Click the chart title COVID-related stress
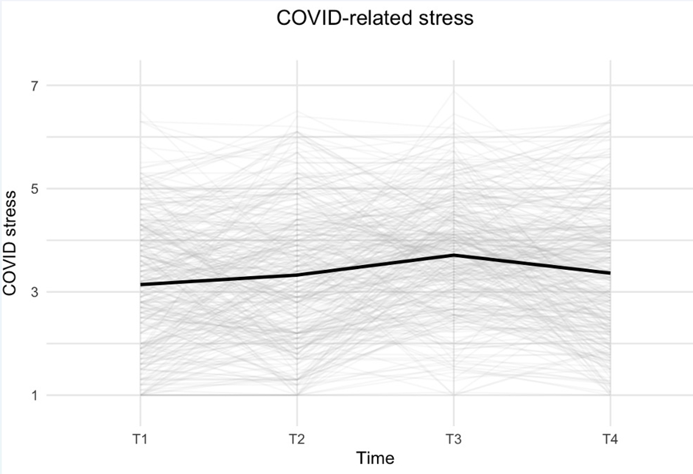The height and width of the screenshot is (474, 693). click(x=375, y=18)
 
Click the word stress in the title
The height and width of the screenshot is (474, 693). click(x=446, y=18)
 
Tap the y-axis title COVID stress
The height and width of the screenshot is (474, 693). click(x=9, y=243)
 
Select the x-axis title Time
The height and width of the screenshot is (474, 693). click(x=375, y=458)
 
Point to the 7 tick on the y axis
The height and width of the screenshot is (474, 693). click(x=34, y=85)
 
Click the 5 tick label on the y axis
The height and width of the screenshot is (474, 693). click(x=34, y=189)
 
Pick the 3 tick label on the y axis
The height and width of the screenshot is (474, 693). click(x=34, y=292)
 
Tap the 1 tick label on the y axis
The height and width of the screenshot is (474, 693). click(x=34, y=395)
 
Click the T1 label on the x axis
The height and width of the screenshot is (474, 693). click(x=140, y=439)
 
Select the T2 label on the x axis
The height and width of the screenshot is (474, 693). click(x=297, y=439)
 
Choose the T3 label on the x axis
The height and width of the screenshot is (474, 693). click(x=453, y=439)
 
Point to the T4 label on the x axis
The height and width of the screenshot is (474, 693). click(x=610, y=439)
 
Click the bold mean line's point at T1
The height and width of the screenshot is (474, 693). click(x=141, y=284)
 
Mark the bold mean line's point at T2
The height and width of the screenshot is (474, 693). click(x=297, y=274)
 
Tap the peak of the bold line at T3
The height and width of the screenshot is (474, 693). click(x=454, y=255)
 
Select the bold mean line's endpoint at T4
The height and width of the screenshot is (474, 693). click(x=610, y=273)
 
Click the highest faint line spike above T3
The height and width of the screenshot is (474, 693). click(x=454, y=91)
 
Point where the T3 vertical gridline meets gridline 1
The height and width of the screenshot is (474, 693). click(x=454, y=395)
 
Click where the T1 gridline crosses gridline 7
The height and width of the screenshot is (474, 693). click(x=140, y=85)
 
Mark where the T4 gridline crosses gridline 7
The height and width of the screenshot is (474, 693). click(x=610, y=85)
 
